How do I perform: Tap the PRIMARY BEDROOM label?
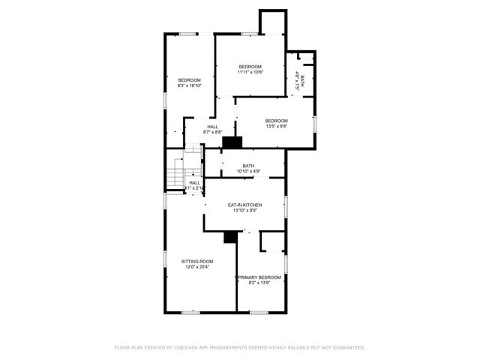point(259,277)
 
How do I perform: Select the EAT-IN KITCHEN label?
point(244,205)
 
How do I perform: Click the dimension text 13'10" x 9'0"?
point(244,211)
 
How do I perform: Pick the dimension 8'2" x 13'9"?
point(259,283)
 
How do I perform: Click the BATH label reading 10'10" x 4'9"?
point(249,165)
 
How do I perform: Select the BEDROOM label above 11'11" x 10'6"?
point(250,67)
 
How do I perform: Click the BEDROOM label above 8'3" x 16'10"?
point(190,80)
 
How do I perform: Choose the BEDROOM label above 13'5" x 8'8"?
point(276,121)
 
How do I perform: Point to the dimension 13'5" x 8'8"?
point(276,127)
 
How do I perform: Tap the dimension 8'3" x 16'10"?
point(190,86)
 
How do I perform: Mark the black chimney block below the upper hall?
point(233,141)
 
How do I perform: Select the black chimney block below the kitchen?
point(230,236)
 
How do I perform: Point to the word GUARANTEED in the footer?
point(346,347)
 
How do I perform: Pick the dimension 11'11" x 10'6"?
point(250,73)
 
